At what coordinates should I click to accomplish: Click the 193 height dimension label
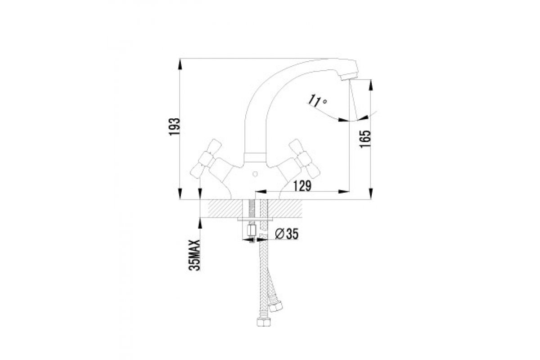point(175,127)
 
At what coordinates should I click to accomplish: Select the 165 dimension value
point(365,139)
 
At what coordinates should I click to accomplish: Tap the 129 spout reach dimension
point(302,186)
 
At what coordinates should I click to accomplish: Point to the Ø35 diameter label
point(287,234)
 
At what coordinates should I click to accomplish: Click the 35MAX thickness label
point(195,255)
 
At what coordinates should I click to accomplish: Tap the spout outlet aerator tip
point(349,77)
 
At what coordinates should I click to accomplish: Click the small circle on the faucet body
point(255,174)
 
